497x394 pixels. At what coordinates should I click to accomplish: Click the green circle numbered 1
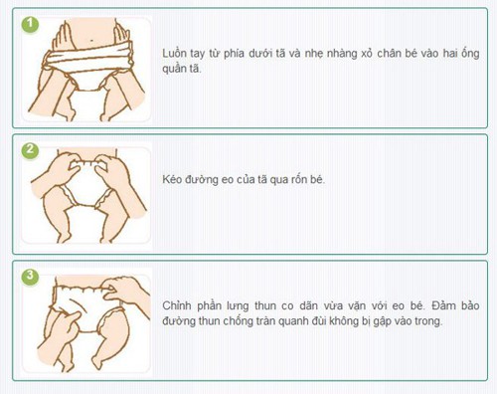point(30,24)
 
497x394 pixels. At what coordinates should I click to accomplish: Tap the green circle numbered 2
point(30,150)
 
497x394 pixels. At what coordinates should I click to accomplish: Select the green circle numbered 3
point(30,277)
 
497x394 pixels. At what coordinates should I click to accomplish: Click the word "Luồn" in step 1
point(174,54)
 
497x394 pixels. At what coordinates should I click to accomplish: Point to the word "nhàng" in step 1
point(342,55)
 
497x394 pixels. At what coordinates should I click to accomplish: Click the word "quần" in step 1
point(174,69)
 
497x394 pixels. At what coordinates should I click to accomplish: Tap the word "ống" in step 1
point(470,54)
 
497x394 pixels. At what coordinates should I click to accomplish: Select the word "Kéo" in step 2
point(171,180)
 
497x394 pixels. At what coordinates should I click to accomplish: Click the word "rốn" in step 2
point(299,180)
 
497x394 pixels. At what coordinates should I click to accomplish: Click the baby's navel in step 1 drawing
point(91,41)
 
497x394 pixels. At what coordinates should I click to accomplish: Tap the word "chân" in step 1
point(389,54)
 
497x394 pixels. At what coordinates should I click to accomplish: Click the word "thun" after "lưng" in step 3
point(265,305)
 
